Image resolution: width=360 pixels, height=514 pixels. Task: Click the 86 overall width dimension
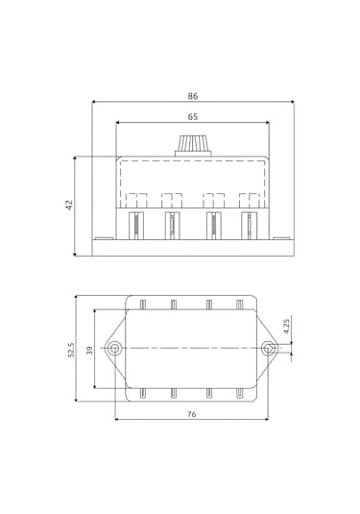click(193, 96)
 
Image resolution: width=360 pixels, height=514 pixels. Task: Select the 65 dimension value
click(193, 116)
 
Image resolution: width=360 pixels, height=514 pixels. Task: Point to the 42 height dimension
click(69, 205)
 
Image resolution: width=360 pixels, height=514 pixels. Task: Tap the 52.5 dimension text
click(71, 350)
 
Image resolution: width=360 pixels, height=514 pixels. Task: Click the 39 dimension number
click(89, 351)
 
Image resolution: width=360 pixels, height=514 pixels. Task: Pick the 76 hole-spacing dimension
click(192, 414)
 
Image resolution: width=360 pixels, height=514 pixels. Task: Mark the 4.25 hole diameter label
click(287, 326)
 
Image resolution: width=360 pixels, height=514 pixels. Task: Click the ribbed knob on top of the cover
click(194, 143)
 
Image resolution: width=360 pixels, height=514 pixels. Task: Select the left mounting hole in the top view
click(114, 348)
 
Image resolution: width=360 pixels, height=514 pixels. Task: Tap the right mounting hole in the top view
click(268, 348)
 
